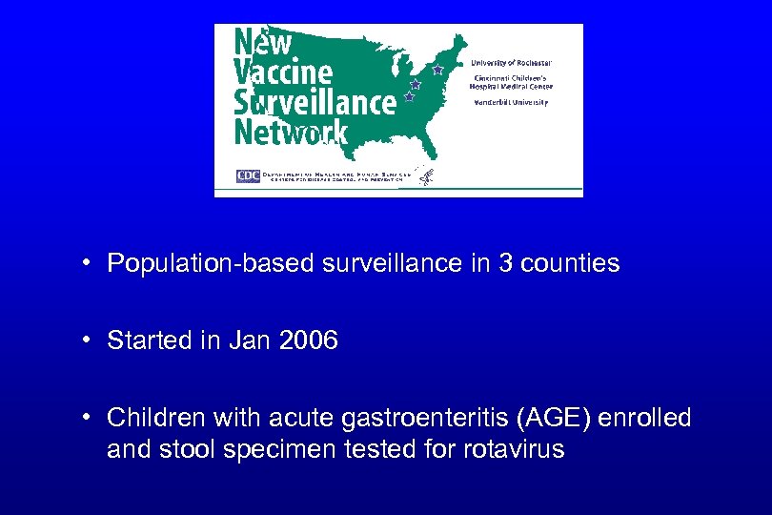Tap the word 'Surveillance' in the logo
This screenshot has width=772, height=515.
315,102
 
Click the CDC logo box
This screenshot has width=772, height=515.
248,175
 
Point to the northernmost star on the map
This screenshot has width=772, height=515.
437,70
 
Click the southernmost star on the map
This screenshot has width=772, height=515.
410,97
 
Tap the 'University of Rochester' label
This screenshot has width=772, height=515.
511,63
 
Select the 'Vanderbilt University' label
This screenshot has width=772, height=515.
511,102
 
